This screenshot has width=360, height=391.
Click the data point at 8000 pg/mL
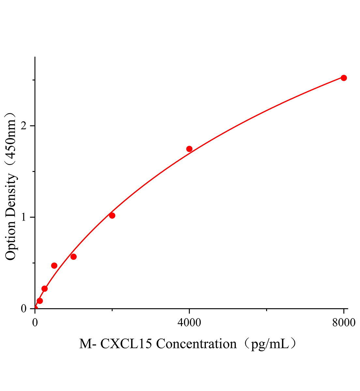point(343,78)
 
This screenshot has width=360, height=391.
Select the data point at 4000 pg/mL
point(189,149)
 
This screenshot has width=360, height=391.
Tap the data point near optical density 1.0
point(112,215)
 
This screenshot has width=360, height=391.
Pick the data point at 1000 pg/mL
point(73,257)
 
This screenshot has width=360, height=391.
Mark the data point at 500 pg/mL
point(54,266)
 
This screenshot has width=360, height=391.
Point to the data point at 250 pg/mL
point(45,289)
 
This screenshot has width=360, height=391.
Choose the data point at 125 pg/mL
point(40,301)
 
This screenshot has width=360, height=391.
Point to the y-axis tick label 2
point(23,126)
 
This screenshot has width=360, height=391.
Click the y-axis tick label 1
point(23,217)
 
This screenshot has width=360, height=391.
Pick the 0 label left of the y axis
point(23,309)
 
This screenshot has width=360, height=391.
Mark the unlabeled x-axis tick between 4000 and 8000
point(266,310)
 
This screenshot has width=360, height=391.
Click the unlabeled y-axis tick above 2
point(33,80)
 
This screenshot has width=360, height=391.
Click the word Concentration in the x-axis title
point(196,344)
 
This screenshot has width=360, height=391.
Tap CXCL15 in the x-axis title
point(126,344)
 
